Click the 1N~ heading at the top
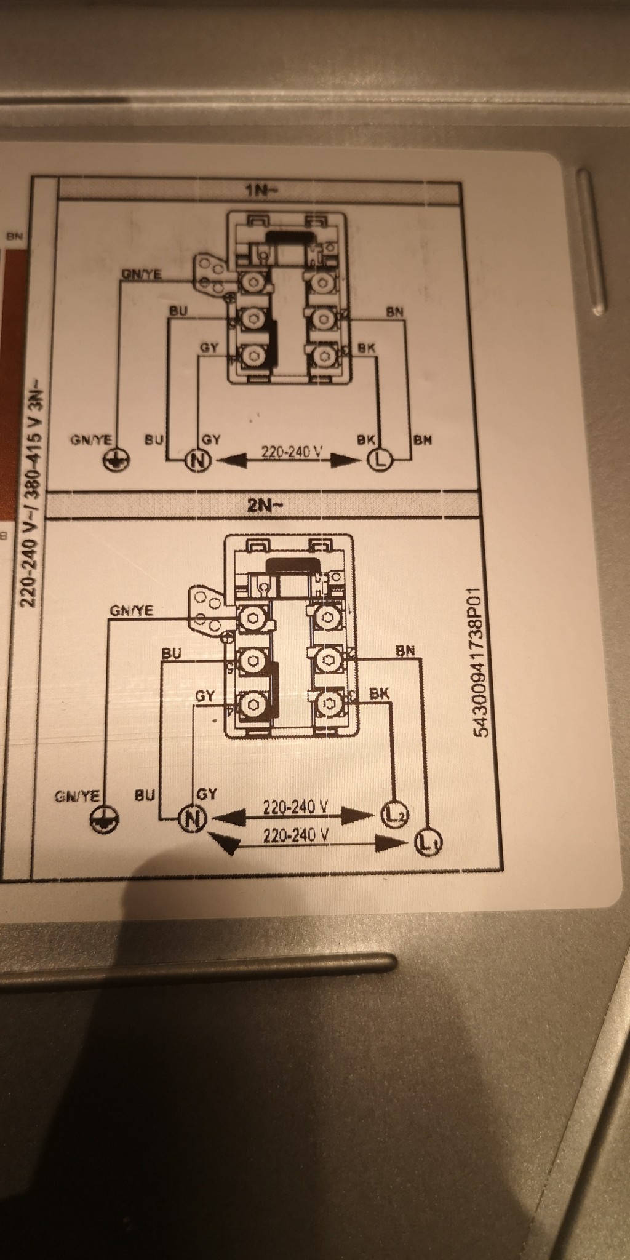point(261,190)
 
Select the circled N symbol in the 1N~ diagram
point(197,460)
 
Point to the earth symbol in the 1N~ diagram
point(117,460)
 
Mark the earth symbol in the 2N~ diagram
point(104,819)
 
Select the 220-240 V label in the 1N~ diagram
point(292,452)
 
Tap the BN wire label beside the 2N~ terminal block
point(405,650)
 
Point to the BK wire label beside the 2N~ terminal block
point(379,693)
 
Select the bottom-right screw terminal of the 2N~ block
point(327,703)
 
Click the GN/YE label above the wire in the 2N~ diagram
point(132,610)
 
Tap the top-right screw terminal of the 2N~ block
point(327,618)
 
